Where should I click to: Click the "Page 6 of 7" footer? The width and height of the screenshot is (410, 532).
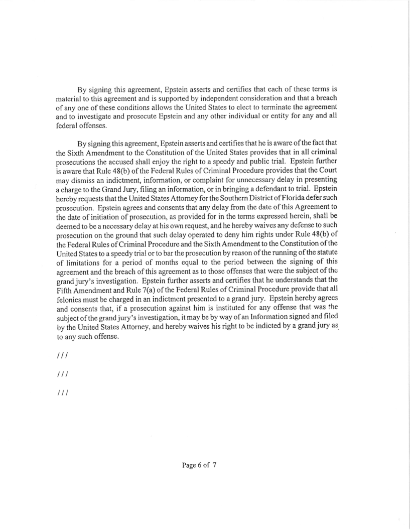199,464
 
